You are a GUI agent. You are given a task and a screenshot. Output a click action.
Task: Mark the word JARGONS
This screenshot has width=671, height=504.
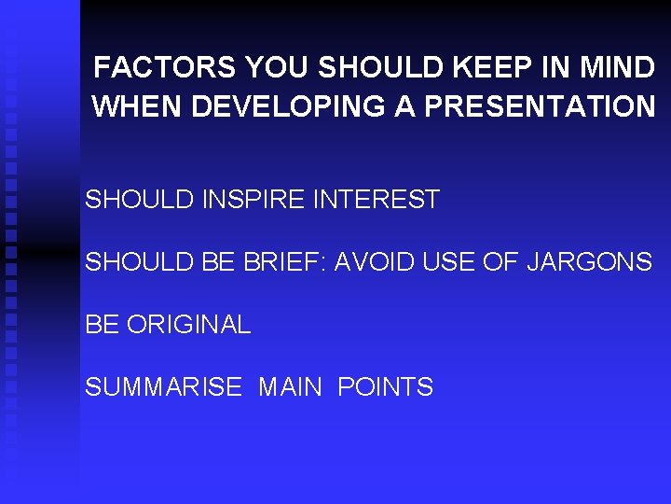click(x=589, y=262)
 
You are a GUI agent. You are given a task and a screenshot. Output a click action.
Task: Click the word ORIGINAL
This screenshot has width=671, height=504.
click(x=188, y=325)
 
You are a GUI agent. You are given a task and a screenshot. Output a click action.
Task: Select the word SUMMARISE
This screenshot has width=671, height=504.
click(x=163, y=387)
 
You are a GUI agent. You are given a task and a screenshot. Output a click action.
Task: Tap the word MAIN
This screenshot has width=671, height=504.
click(x=290, y=387)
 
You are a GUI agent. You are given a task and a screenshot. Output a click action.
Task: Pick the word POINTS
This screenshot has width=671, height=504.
click(x=385, y=387)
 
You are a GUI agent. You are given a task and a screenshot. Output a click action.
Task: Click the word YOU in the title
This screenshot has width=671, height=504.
click(x=276, y=68)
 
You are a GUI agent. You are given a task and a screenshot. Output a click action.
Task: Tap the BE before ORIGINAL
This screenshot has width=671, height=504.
click(x=103, y=325)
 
